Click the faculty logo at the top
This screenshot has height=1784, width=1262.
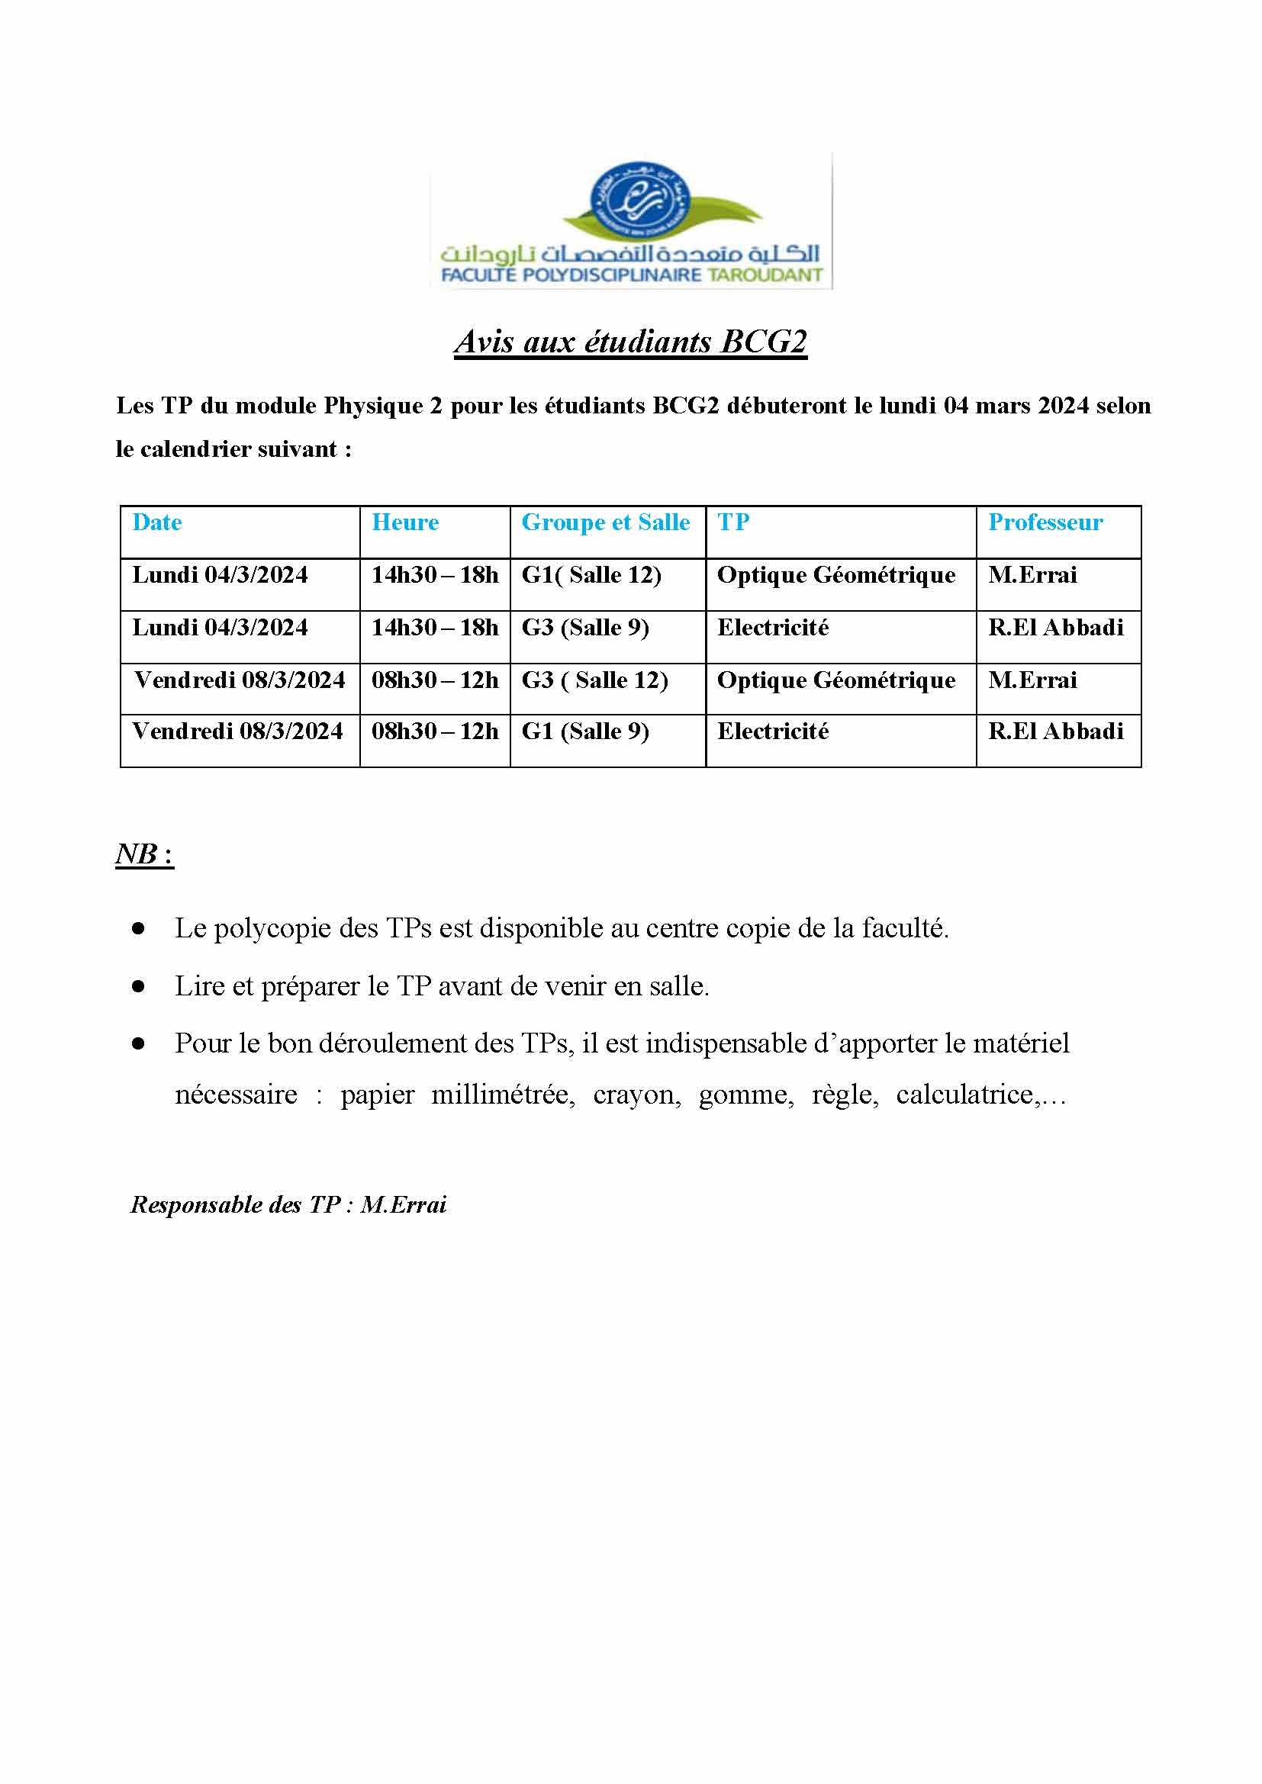(631, 221)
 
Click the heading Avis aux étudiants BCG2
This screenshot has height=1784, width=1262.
(630, 342)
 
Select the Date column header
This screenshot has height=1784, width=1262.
(157, 522)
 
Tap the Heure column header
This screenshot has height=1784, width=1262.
(405, 522)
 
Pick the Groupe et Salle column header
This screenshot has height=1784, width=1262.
(605, 522)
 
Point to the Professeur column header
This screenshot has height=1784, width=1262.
(1045, 522)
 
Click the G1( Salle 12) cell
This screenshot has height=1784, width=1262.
(591, 575)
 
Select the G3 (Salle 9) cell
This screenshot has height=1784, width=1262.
(585, 627)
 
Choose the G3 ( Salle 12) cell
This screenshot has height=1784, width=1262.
(594, 680)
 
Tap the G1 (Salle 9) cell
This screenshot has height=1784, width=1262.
(585, 731)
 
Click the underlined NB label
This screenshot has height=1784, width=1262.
(143, 854)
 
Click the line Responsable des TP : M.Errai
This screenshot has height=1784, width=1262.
(288, 1204)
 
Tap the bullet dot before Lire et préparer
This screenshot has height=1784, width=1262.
(138, 986)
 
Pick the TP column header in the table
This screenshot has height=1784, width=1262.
(732, 522)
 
